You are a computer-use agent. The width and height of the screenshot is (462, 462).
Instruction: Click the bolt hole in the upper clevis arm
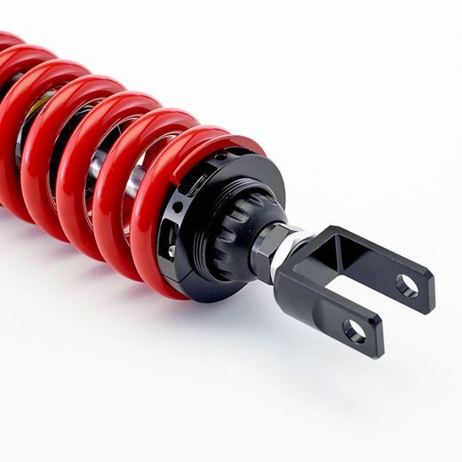pyautogui.click(x=407, y=285)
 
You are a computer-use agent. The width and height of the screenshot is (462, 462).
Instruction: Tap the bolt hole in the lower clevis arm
pyautogui.click(x=354, y=331)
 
